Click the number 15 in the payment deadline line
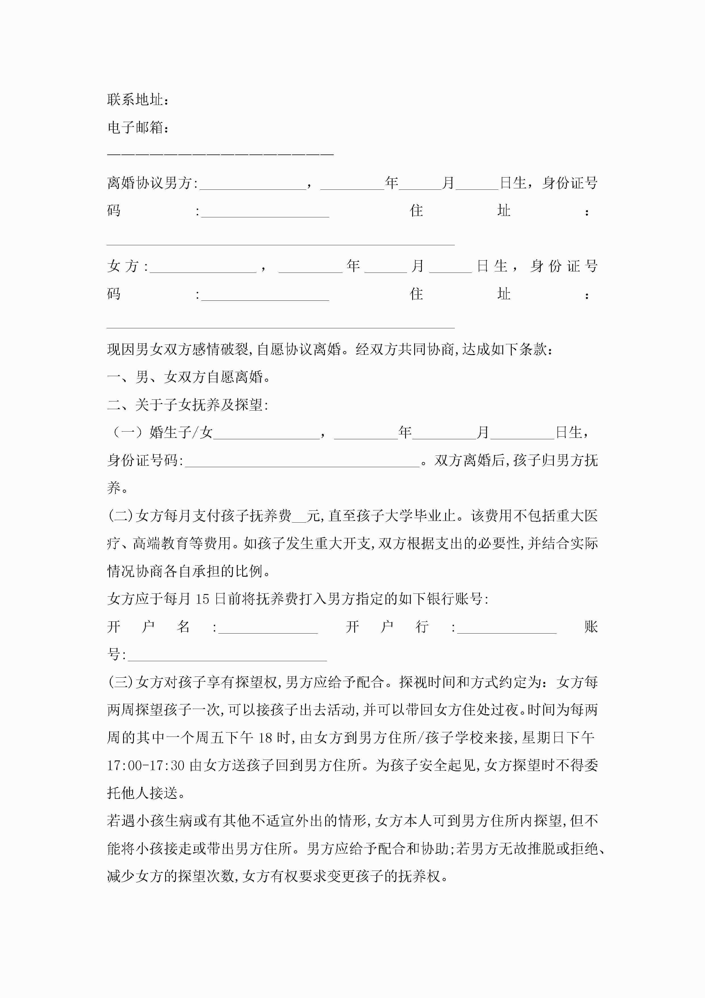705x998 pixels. pos(202,599)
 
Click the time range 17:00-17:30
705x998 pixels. pos(146,766)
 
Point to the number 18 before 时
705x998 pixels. pos(266,738)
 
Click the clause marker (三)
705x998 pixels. pos(120,682)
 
